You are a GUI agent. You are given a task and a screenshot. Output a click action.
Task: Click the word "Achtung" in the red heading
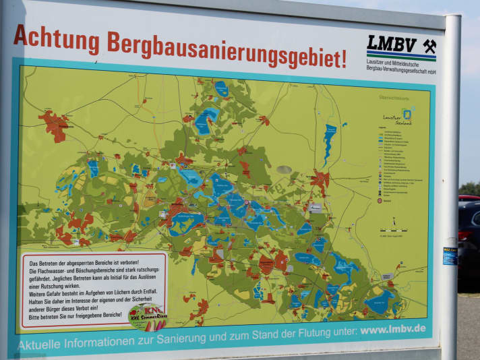(56, 39)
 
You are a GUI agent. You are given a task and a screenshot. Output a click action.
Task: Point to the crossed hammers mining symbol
(429, 46)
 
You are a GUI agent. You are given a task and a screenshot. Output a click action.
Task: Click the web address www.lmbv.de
(392, 329)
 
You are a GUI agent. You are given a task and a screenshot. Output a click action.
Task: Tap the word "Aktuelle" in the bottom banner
(41, 344)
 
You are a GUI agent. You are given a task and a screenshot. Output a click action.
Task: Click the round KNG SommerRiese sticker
(148, 317)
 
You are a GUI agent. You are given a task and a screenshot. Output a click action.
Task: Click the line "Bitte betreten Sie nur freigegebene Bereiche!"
(74, 315)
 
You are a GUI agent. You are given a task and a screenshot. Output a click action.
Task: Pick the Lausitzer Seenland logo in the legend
(398, 115)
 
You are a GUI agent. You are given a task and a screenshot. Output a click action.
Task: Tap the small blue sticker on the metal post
(450, 256)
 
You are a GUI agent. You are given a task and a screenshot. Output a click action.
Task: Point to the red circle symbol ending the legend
(380, 200)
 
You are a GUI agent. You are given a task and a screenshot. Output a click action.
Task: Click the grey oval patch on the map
(284, 169)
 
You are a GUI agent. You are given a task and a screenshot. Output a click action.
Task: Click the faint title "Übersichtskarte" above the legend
(394, 98)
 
